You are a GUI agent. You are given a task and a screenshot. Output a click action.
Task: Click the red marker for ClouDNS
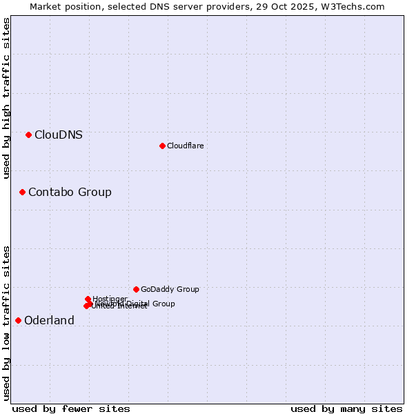(28, 135)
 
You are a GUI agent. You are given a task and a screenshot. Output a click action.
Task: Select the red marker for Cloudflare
(162, 146)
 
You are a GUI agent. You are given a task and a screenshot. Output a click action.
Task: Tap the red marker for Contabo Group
(22, 192)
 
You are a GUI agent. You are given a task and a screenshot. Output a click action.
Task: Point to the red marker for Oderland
(18, 320)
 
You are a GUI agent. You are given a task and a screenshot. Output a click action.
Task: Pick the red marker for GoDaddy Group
(136, 289)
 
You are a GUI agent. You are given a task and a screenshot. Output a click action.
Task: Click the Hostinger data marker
(88, 299)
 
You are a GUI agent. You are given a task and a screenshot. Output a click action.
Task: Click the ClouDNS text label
(59, 135)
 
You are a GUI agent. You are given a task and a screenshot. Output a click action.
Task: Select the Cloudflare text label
(185, 146)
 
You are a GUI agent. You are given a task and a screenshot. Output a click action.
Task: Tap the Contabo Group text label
(70, 192)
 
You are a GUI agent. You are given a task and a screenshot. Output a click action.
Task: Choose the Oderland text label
(49, 320)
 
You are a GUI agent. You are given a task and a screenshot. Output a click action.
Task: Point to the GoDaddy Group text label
(170, 289)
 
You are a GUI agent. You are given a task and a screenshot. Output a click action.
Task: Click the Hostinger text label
(110, 299)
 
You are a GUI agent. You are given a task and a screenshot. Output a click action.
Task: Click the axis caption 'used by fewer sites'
(71, 408)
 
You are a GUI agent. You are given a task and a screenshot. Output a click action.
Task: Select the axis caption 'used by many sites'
(346, 408)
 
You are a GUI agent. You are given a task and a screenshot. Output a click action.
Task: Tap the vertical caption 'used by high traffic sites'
(6, 98)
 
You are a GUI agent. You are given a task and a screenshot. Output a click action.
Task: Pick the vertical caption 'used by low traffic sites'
(6, 323)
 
